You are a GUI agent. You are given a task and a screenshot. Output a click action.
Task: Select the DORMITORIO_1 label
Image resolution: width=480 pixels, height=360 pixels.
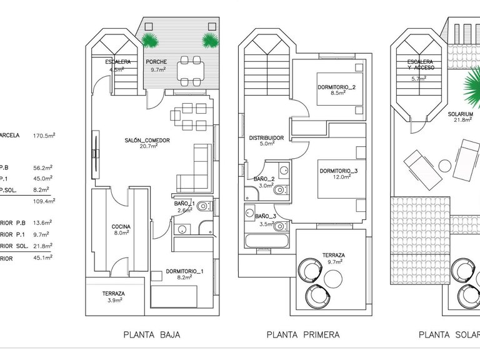pos(185,271)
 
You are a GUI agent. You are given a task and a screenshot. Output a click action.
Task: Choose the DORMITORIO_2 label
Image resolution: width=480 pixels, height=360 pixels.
pos(336,87)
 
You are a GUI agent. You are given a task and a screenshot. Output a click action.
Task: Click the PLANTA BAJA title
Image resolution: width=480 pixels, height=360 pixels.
pos(147,335)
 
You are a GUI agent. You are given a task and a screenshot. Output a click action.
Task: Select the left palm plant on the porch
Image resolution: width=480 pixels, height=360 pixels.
pos(150,41)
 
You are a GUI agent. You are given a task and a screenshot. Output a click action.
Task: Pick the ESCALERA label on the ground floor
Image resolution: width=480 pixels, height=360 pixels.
pos(117,62)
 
